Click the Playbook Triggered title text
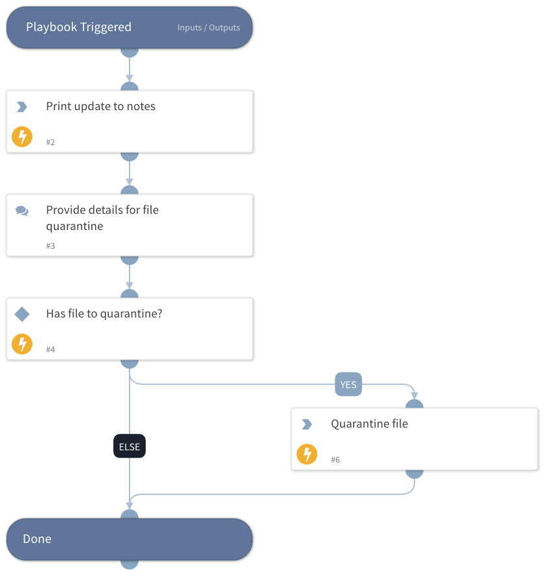tap(78, 27)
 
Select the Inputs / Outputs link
tap(209, 28)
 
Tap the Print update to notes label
tap(100, 106)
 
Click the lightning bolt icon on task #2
tap(22, 137)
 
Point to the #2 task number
tap(51, 142)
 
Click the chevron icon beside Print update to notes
tap(22, 107)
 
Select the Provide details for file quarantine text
tap(102, 218)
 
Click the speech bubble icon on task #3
tap(22, 211)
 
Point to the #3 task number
tap(51, 246)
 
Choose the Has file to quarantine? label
tap(104, 314)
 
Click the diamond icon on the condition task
tap(22, 314)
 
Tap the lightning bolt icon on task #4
tap(22, 344)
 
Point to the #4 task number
tap(51, 350)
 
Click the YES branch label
tap(348, 384)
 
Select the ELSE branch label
tap(130, 446)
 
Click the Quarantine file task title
tap(369, 424)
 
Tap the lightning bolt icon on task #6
tap(307, 454)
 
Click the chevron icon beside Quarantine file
tap(307, 424)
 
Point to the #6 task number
tap(335, 460)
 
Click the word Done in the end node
tap(37, 539)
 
